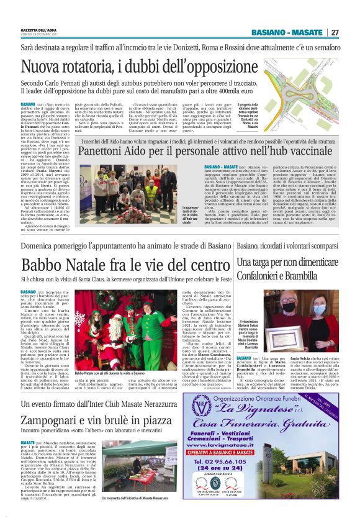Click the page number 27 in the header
(335, 32)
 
